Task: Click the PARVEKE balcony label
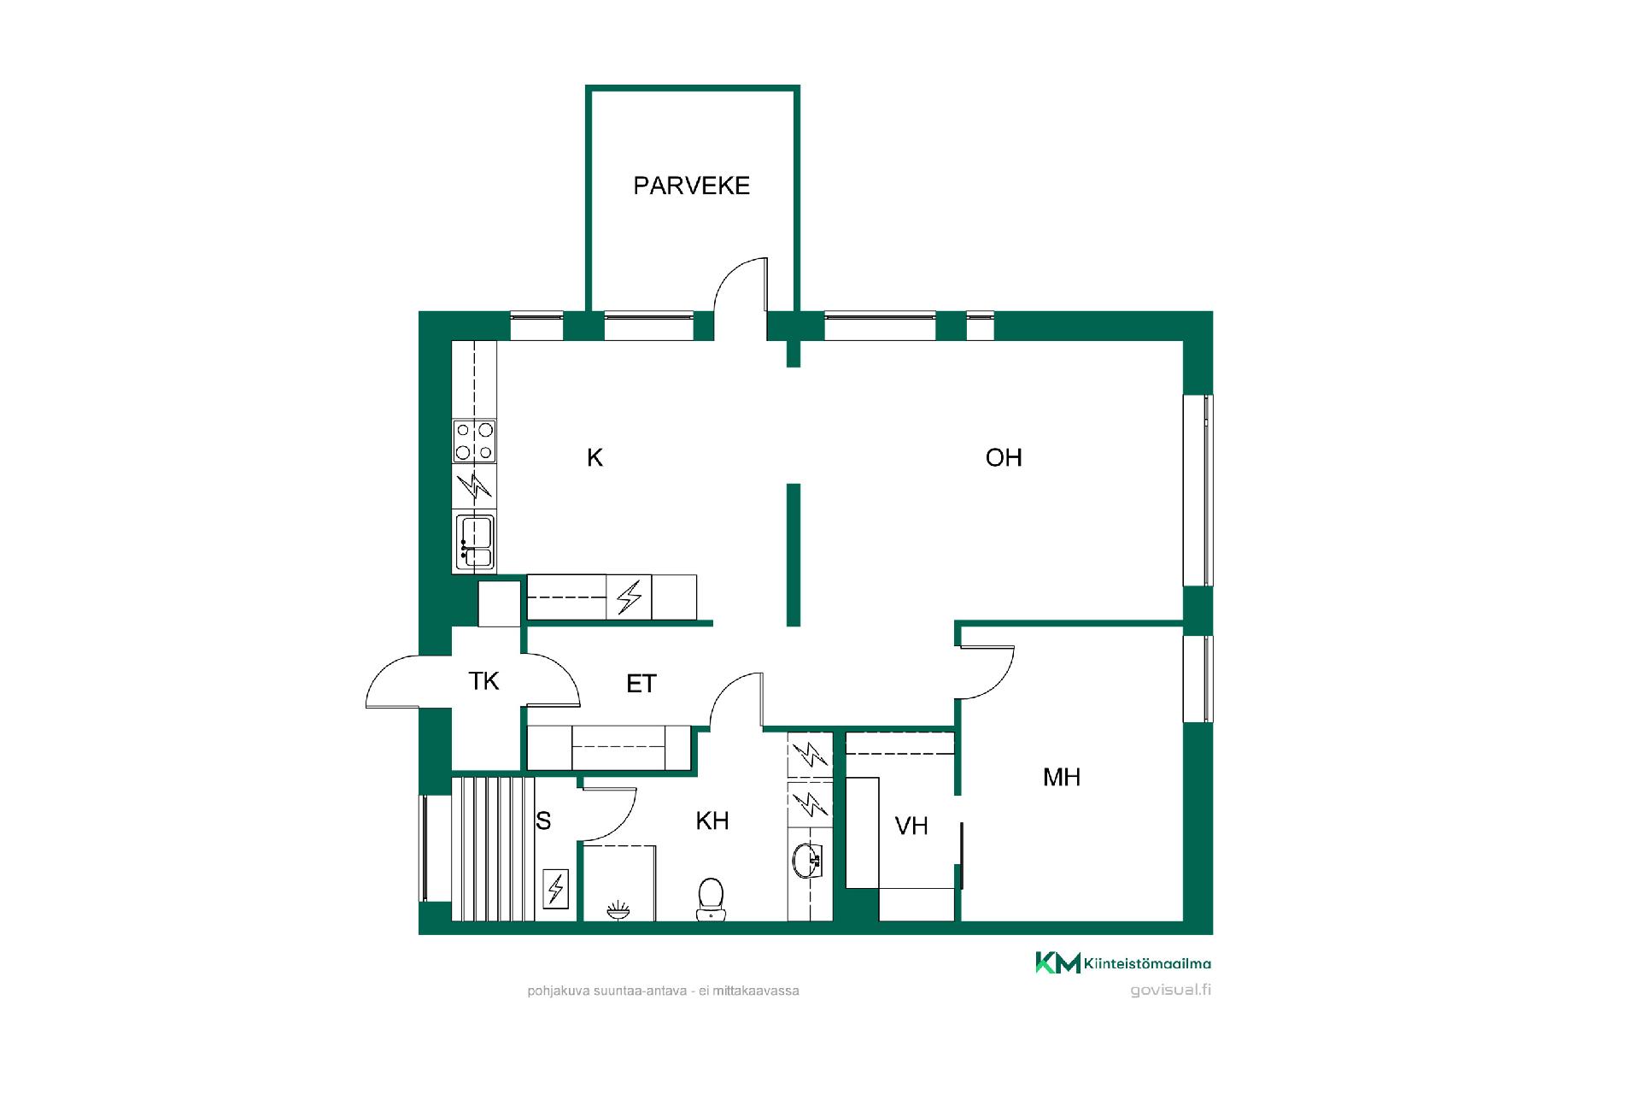point(691,185)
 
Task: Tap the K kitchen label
point(594,458)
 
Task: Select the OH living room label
point(1004,458)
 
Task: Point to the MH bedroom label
point(1062,777)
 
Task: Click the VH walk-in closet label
point(911,826)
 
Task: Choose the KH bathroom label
point(712,821)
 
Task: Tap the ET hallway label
point(641,684)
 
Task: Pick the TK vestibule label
point(483,681)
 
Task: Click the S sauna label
point(543,821)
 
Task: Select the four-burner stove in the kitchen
point(474,442)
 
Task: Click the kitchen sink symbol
point(475,542)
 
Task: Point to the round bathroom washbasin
point(807,861)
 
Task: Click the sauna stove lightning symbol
point(555,889)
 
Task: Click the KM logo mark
point(1057,962)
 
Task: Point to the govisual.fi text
point(1170,991)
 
